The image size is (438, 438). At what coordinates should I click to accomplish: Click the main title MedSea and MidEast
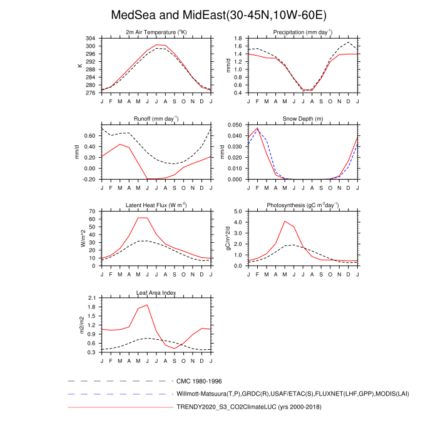pos(218,14)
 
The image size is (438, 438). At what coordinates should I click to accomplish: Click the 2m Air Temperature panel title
pos(156,32)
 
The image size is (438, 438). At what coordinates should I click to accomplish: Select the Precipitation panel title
pos(302,32)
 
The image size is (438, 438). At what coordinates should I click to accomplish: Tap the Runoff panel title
pos(156,118)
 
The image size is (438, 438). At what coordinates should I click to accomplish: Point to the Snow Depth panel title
pos(302,118)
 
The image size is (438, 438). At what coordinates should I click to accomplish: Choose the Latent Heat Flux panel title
pos(156,205)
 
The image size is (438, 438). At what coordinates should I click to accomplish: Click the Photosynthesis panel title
pos(302,205)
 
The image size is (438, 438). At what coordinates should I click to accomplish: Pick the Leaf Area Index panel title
pos(156,292)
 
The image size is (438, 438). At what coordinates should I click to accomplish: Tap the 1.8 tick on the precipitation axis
pos(238,39)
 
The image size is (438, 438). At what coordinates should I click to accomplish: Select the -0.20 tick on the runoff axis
pos(91,180)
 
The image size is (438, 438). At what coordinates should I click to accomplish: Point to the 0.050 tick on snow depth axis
pos(235,125)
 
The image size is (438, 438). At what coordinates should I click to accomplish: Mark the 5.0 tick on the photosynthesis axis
pos(238,211)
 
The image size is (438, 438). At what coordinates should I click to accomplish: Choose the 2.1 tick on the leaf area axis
pos(93,298)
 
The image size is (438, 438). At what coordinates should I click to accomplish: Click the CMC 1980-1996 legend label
pos(200,380)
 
